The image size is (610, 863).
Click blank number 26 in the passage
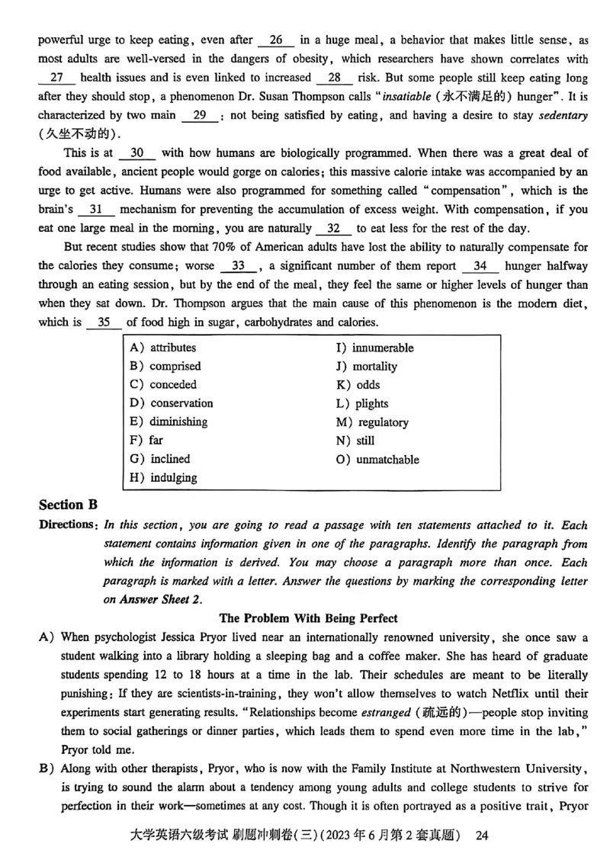tap(276, 40)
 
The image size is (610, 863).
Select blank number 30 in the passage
tap(137, 153)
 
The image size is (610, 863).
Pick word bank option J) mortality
tap(367, 366)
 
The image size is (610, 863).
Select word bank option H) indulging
tap(163, 478)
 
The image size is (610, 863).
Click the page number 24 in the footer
tap(481, 836)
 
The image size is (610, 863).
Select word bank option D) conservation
tap(172, 403)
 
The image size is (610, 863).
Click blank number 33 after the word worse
tap(238, 266)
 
